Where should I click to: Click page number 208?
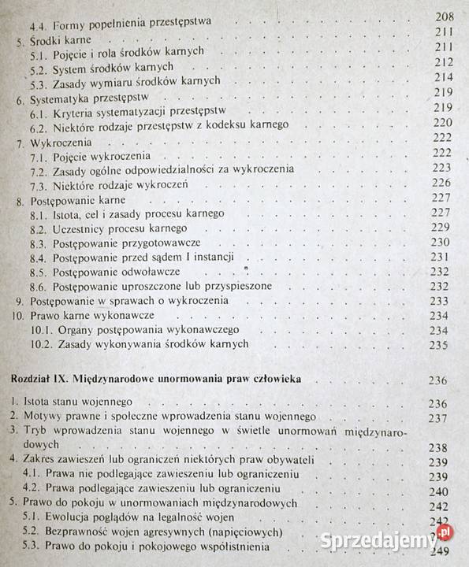pos(445,16)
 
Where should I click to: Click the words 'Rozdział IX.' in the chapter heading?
pos(39,380)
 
